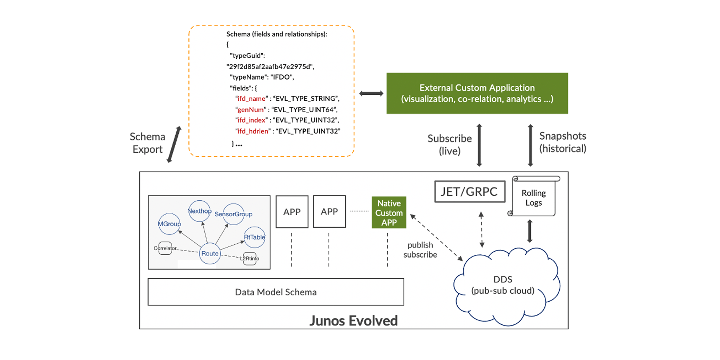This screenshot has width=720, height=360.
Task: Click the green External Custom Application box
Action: pos(477,93)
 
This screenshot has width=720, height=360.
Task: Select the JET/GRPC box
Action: pos(470,192)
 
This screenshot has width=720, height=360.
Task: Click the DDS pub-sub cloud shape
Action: pos(503,285)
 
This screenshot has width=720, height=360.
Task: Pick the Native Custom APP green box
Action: pos(389,212)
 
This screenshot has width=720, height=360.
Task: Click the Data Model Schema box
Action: pos(276,292)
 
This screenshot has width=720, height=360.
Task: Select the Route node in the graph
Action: pos(210,253)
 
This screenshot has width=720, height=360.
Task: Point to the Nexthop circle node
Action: pos(199,211)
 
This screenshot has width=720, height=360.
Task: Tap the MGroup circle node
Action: pos(169,224)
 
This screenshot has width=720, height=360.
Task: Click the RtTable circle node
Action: pos(254,237)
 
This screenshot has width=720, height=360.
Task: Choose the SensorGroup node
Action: pos(234,214)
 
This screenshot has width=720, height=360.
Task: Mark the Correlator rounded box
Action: pos(165,248)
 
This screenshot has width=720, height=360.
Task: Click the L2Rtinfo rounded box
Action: pos(250,258)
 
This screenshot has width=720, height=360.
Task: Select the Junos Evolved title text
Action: pos(353,320)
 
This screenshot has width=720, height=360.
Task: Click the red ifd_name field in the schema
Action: pos(251,98)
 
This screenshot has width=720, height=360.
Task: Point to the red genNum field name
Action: pos(251,109)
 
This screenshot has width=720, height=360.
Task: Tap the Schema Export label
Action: pos(147,143)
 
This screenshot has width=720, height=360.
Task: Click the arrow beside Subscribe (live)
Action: pos(479,145)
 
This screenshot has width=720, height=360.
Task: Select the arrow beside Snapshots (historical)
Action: pos(530,145)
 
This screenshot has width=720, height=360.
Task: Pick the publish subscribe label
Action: pos(420,250)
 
